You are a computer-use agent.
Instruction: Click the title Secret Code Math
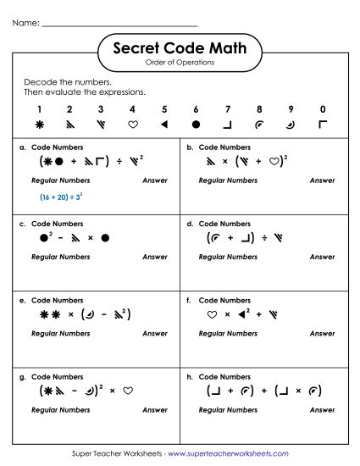180,48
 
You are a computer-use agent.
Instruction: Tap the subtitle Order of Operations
180,62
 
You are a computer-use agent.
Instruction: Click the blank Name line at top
119,24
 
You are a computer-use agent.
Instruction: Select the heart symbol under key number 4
132,125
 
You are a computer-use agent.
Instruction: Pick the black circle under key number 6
196,125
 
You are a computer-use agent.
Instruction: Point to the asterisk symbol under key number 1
38,125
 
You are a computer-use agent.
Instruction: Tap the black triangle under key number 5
164,125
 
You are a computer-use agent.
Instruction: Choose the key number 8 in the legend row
259,109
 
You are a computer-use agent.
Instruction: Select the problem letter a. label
22,147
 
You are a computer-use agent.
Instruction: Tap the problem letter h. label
190,376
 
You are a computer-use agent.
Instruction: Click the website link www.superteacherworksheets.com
227,453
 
